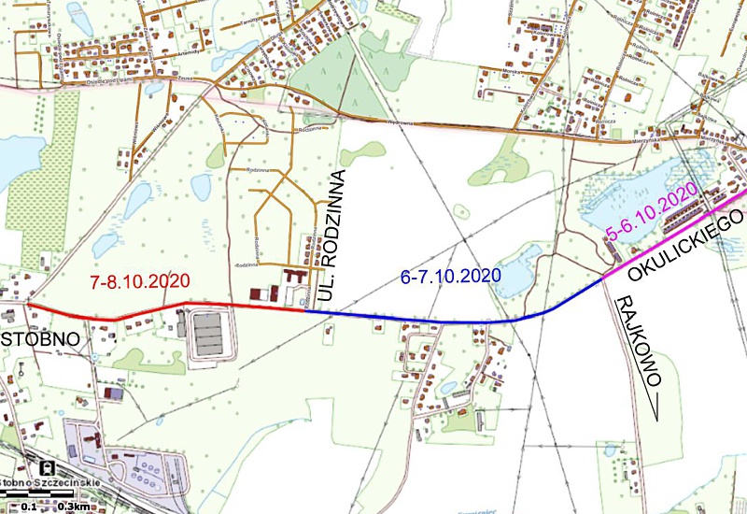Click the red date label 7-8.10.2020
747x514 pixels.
tap(139, 280)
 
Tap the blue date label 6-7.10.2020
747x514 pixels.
tap(451, 277)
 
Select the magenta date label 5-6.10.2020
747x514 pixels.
tap(653, 215)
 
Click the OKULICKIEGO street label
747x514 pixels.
tap(687, 246)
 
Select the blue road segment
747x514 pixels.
tap(420, 320)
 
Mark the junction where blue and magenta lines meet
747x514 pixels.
tap(602, 278)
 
